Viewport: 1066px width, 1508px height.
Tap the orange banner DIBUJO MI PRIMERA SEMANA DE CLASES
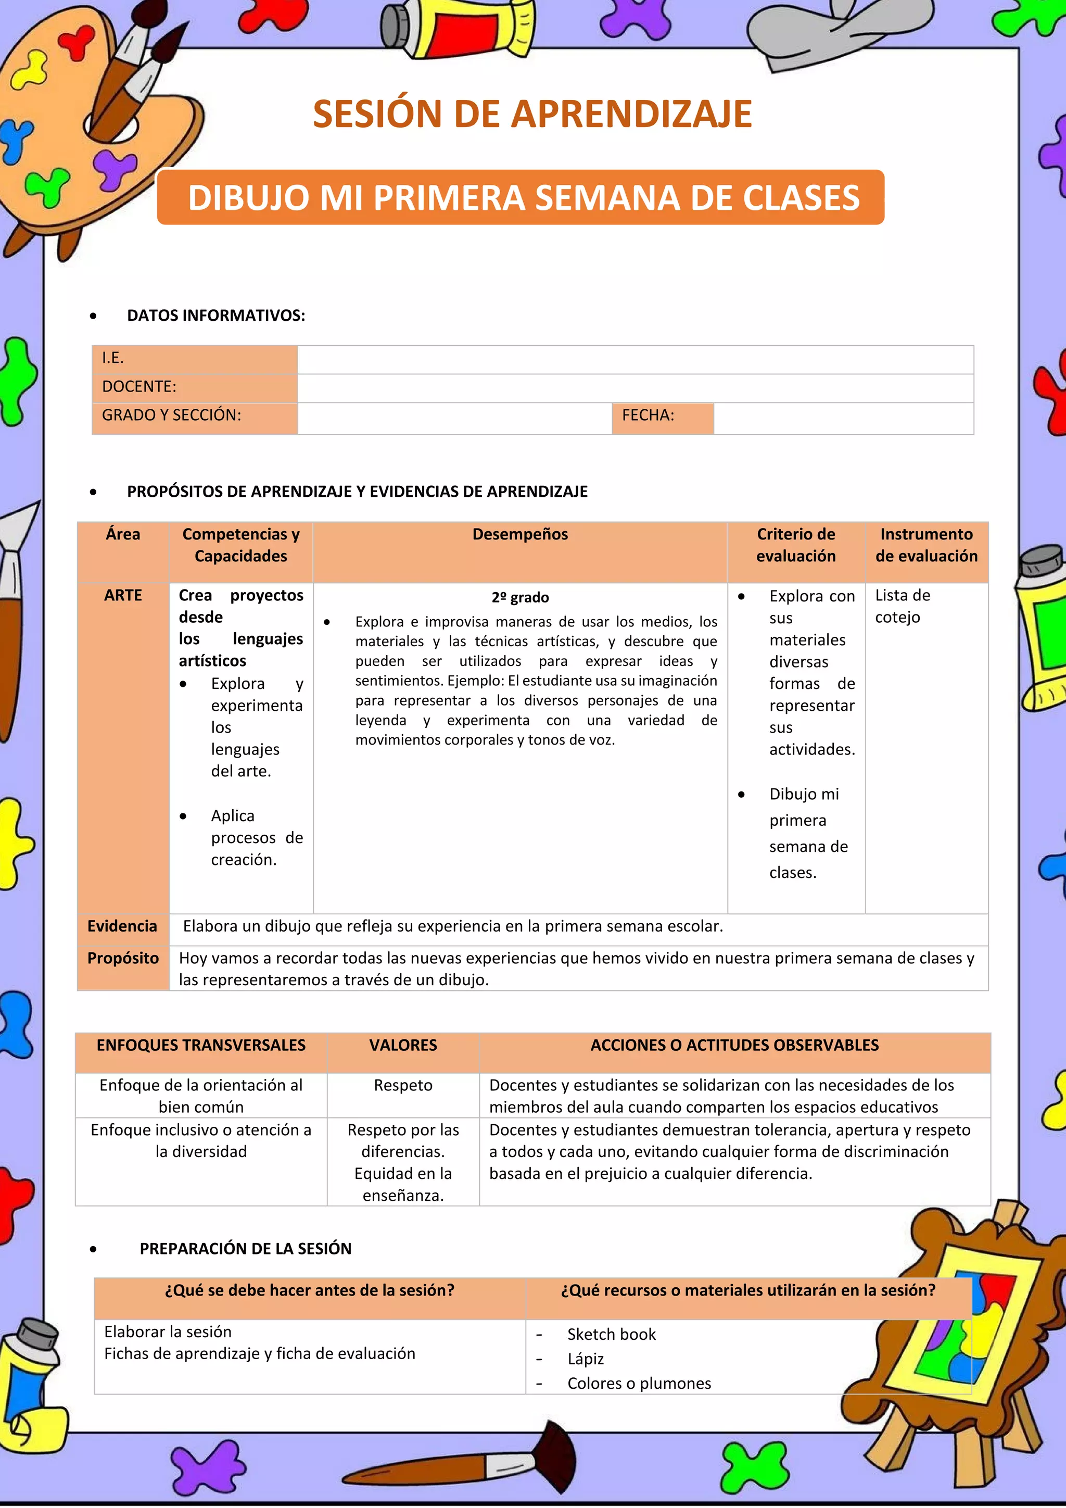click(523, 198)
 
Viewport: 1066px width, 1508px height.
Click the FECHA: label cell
click(662, 416)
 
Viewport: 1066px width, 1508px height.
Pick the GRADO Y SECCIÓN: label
click(172, 416)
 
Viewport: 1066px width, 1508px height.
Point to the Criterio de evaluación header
click(795, 545)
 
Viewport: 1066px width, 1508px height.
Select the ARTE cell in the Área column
click(123, 596)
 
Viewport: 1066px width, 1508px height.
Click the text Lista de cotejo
click(902, 606)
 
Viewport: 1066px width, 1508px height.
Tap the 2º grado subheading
click(520, 598)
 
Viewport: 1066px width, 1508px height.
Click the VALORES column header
click(402, 1046)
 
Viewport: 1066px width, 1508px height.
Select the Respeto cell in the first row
click(402, 1086)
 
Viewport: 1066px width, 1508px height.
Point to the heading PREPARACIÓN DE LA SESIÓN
click(246, 1249)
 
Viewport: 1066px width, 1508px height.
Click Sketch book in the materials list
click(611, 1335)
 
